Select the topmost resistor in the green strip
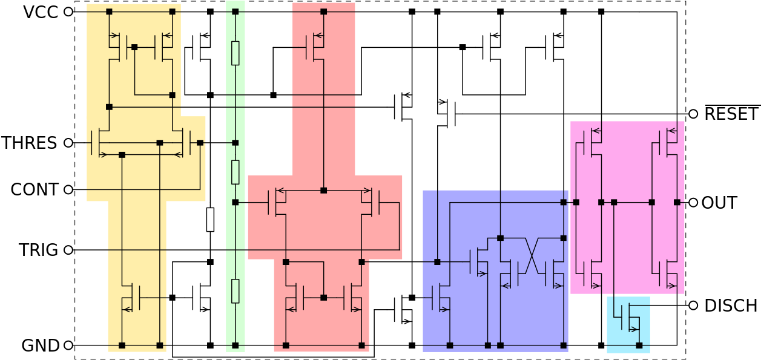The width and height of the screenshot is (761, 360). [x=235, y=53]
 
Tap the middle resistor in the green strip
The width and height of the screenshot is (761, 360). [x=235, y=172]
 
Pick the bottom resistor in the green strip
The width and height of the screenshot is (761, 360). [x=235, y=291]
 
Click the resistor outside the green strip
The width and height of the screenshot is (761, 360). [x=210, y=219]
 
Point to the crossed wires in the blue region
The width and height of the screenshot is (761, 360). [x=532, y=255]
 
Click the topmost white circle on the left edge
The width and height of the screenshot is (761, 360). [x=68, y=11]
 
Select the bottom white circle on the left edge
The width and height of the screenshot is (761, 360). [x=68, y=345]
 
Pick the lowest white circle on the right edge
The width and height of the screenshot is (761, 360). [x=693, y=306]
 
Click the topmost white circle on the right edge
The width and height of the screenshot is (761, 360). [x=693, y=114]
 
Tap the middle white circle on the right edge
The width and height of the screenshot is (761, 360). [x=693, y=202]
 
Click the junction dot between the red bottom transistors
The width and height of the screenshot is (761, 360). [x=323, y=298]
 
